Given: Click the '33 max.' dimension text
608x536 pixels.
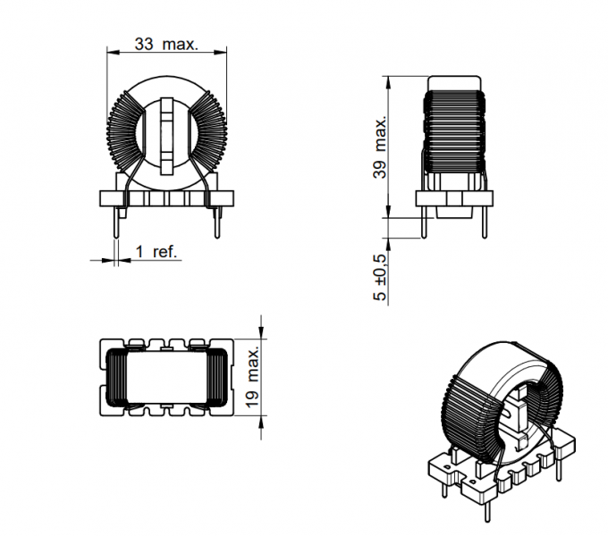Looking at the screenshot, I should click(x=165, y=44).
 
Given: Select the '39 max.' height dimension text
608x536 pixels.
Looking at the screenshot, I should click(x=379, y=148).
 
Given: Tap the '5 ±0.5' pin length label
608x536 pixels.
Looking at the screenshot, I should click(x=380, y=277).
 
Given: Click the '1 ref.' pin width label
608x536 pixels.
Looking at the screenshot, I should click(x=156, y=252).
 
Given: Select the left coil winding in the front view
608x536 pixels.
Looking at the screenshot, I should click(x=124, y=134).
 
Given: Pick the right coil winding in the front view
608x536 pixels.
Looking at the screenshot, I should click(x=214, y=134).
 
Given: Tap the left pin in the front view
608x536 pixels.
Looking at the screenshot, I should click(x=117, y=222).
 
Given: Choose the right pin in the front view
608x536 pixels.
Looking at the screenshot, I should click(x=217, y=222).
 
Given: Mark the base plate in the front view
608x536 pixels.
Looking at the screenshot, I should click(x=167, y=199).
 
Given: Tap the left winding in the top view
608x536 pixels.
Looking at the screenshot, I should click(x=117, y=379).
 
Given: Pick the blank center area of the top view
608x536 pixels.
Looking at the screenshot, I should click(x=167, y=379).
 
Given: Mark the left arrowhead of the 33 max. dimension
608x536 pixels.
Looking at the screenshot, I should click(x=111, y=52).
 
